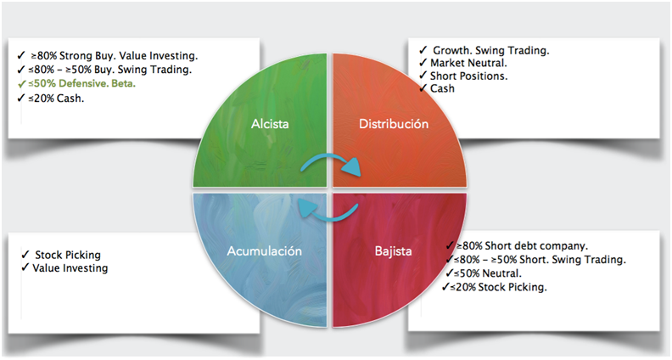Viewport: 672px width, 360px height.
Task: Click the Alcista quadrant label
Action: tap(269, 124)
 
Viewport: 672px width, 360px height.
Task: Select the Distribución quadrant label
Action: tap(393, 124)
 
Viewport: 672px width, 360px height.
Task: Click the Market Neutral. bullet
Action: tap(468, 63)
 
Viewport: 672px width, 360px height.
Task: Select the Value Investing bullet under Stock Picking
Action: tap(70, 268)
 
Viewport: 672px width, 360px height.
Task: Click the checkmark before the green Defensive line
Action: tap(21, 84)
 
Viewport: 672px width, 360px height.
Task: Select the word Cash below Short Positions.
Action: tap(442, 88)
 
